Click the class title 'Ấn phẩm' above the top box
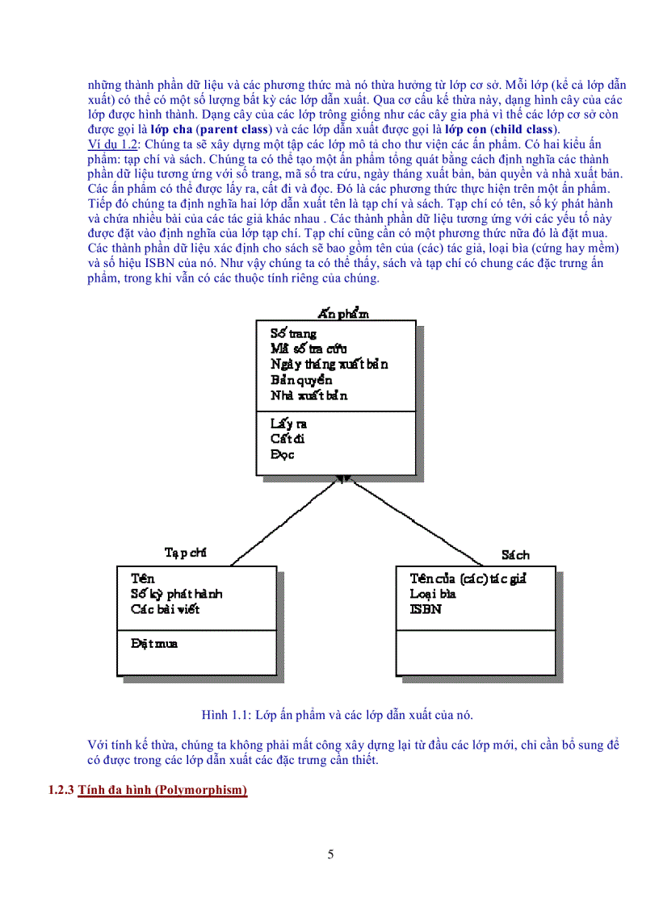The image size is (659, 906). tap(343, 314)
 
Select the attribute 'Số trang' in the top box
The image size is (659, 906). tap(293, 333)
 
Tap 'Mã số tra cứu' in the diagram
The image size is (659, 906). tap(309, 349)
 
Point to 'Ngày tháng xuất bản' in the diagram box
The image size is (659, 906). tap(329, 364)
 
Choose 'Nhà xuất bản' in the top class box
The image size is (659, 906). tap(309, 396)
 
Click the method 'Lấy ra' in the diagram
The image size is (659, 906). tap(288, 424)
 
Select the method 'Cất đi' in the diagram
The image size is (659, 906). tap(287, 439)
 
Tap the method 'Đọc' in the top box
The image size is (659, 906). tap(283, 454)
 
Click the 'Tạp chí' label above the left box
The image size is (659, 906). tap(186, 553)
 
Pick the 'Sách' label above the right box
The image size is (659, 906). tap(515, 555)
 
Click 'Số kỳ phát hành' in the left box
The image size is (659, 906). tap(176, 594)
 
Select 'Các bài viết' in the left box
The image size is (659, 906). tap(165, 609)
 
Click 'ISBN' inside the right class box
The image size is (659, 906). tap(426, 609)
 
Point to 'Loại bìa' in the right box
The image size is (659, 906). tap(433, 594)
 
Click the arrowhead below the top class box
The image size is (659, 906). tap(343, 479)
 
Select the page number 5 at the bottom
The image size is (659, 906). tap(330, 854)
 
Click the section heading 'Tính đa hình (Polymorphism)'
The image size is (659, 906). tap(162, 790)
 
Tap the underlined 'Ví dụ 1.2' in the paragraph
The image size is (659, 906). tap(112, 144)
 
